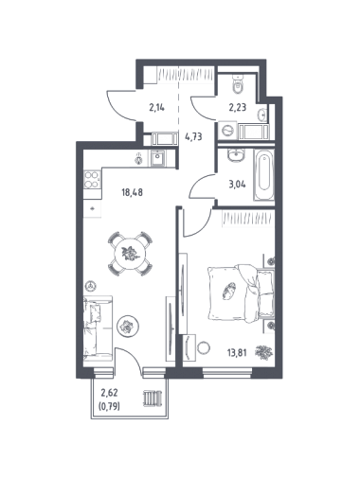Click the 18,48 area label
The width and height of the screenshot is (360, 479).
pos(132,192)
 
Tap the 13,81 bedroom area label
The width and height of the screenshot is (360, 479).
pos(237,352)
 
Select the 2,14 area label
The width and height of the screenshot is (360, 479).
pos(157,108)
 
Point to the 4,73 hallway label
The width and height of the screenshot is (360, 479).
pos(193,137)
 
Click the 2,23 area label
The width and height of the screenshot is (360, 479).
pos(238,108)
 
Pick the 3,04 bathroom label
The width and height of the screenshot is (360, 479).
pos(237,184)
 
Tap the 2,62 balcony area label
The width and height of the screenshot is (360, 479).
pos(109,393)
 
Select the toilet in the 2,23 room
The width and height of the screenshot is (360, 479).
pos(238,84)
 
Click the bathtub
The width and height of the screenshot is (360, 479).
pos(263,174)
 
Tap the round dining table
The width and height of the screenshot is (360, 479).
pos(130,254)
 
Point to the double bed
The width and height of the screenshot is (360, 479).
pos(241,293)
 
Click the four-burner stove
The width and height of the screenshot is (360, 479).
pos(92,179)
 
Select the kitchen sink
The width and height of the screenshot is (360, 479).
pos(157,158)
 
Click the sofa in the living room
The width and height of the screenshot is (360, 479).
pos(98,328)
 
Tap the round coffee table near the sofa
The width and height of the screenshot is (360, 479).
pos(128,327)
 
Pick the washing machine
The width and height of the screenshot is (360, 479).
pos(228,131)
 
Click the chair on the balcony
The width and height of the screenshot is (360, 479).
pos(153,399)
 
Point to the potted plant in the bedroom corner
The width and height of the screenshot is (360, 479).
pos(263,352)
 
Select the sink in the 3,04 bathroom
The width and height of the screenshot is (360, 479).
pos(235,155)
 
